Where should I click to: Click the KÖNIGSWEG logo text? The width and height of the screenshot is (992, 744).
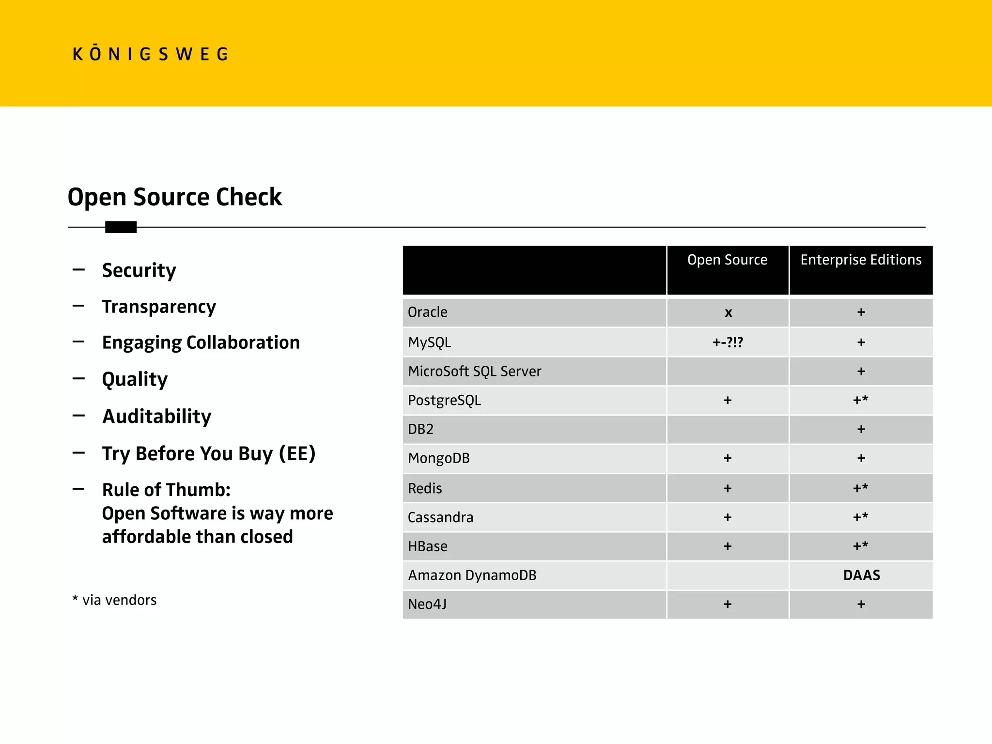pos(150,54)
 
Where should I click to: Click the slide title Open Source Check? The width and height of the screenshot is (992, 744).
pos(174,197)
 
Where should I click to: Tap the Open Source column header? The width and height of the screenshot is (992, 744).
pos(727,260)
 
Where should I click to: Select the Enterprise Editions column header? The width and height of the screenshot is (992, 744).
pos(861,260)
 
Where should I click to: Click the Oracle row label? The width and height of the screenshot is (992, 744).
pos(427,312)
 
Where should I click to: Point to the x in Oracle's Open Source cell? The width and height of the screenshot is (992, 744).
pos(728,313)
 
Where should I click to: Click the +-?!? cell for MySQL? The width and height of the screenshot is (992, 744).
pos(728,342)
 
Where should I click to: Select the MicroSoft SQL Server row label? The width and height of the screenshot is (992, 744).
pos(474,372)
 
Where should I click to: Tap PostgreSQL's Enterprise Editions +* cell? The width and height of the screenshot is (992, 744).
pos(861,400)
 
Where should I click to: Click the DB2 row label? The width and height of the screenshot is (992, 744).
pos(420,430)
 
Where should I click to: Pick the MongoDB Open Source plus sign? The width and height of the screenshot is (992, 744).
pos(728,458)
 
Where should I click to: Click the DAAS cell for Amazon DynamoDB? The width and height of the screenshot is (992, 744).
pos(861,575)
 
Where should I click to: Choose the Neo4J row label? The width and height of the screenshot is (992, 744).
pos(427,604)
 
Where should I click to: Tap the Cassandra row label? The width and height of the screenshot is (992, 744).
pos(440,517)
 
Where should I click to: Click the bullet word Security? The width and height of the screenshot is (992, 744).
pos(139,270)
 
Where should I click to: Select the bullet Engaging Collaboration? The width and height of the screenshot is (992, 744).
pos(201,342)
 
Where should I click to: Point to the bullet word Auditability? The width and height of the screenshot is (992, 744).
pos(157,417)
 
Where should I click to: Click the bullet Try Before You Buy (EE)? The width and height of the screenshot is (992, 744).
pos(208,454)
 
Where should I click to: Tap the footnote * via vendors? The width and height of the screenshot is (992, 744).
pos(114,600)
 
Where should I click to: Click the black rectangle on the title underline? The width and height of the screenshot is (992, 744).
pos(121,227)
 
